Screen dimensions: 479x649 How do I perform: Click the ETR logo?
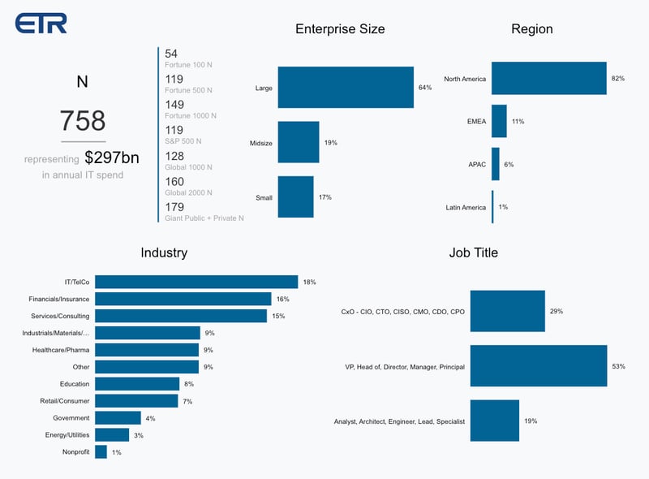(x=41, y=23)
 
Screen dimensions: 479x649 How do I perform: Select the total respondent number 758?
(x=82, y=121)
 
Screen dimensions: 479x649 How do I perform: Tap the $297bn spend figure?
(x=112, y=158)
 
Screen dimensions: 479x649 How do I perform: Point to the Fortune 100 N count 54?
(x=171, y=54)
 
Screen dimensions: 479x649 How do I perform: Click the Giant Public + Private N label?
(x=204, y=218)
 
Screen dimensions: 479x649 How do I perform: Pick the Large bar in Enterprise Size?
(x=346, y=87)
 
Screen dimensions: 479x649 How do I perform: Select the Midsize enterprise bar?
(x=299, y=142)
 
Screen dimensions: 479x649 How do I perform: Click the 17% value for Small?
(x=324, y=197)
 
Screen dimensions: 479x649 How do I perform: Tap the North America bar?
(x=549, y=78)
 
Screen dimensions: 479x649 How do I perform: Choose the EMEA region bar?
(x=499, y=121)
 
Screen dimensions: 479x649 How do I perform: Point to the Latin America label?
(x=466, y=208)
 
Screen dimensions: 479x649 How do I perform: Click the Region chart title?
(x=531, y=29)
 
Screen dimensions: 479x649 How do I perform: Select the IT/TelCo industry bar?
(x=196, y=282)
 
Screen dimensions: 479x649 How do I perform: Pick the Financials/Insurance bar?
(x=183, y=299)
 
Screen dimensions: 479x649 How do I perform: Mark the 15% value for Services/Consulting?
(x=278, y=316)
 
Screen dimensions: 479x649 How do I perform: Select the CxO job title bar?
(x=508, y=311)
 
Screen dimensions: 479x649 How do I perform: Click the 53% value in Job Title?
(x=618, y=366)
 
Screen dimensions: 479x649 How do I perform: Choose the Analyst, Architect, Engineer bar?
(x=494, y=421)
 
